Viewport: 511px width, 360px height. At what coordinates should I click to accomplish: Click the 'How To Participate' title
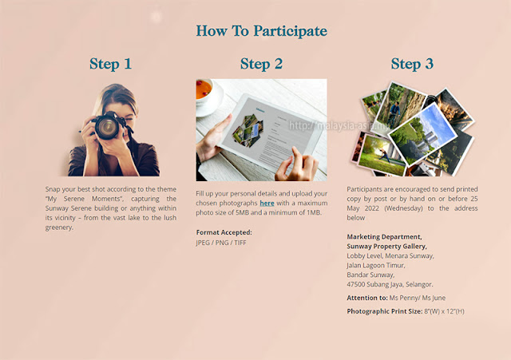click(261, 31)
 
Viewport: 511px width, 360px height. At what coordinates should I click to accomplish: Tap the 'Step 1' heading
click(110, 64)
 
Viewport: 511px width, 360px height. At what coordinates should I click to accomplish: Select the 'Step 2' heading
click(261, 64)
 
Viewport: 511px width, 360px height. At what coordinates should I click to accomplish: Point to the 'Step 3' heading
click(412, 64)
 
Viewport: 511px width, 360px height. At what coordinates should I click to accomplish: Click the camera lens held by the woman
click(107, 127)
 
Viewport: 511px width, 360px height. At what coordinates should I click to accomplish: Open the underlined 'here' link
click(267, 203)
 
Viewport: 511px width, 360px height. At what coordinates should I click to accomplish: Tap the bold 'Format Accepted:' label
click(224, 232)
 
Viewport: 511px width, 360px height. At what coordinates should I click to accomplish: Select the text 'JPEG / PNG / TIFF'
click(221, 243)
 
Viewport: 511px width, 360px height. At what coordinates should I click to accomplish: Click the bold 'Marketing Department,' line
click(384, 237)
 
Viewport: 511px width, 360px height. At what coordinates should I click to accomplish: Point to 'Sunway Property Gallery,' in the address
click(386, 247)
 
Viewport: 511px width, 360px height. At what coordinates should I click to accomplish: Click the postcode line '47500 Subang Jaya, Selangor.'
click(390, 284)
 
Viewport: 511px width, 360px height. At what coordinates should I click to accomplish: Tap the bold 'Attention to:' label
click(367, 298)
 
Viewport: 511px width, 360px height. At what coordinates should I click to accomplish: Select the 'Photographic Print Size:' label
click(385, 311)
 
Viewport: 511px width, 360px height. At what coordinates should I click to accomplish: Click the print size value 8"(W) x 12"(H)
click(444, 311)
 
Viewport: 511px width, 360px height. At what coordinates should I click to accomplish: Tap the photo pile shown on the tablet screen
click(248, 131)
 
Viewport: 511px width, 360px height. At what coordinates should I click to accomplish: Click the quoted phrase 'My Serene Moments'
click(84, 199)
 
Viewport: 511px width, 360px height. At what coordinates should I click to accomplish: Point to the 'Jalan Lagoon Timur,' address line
click(376, 266)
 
